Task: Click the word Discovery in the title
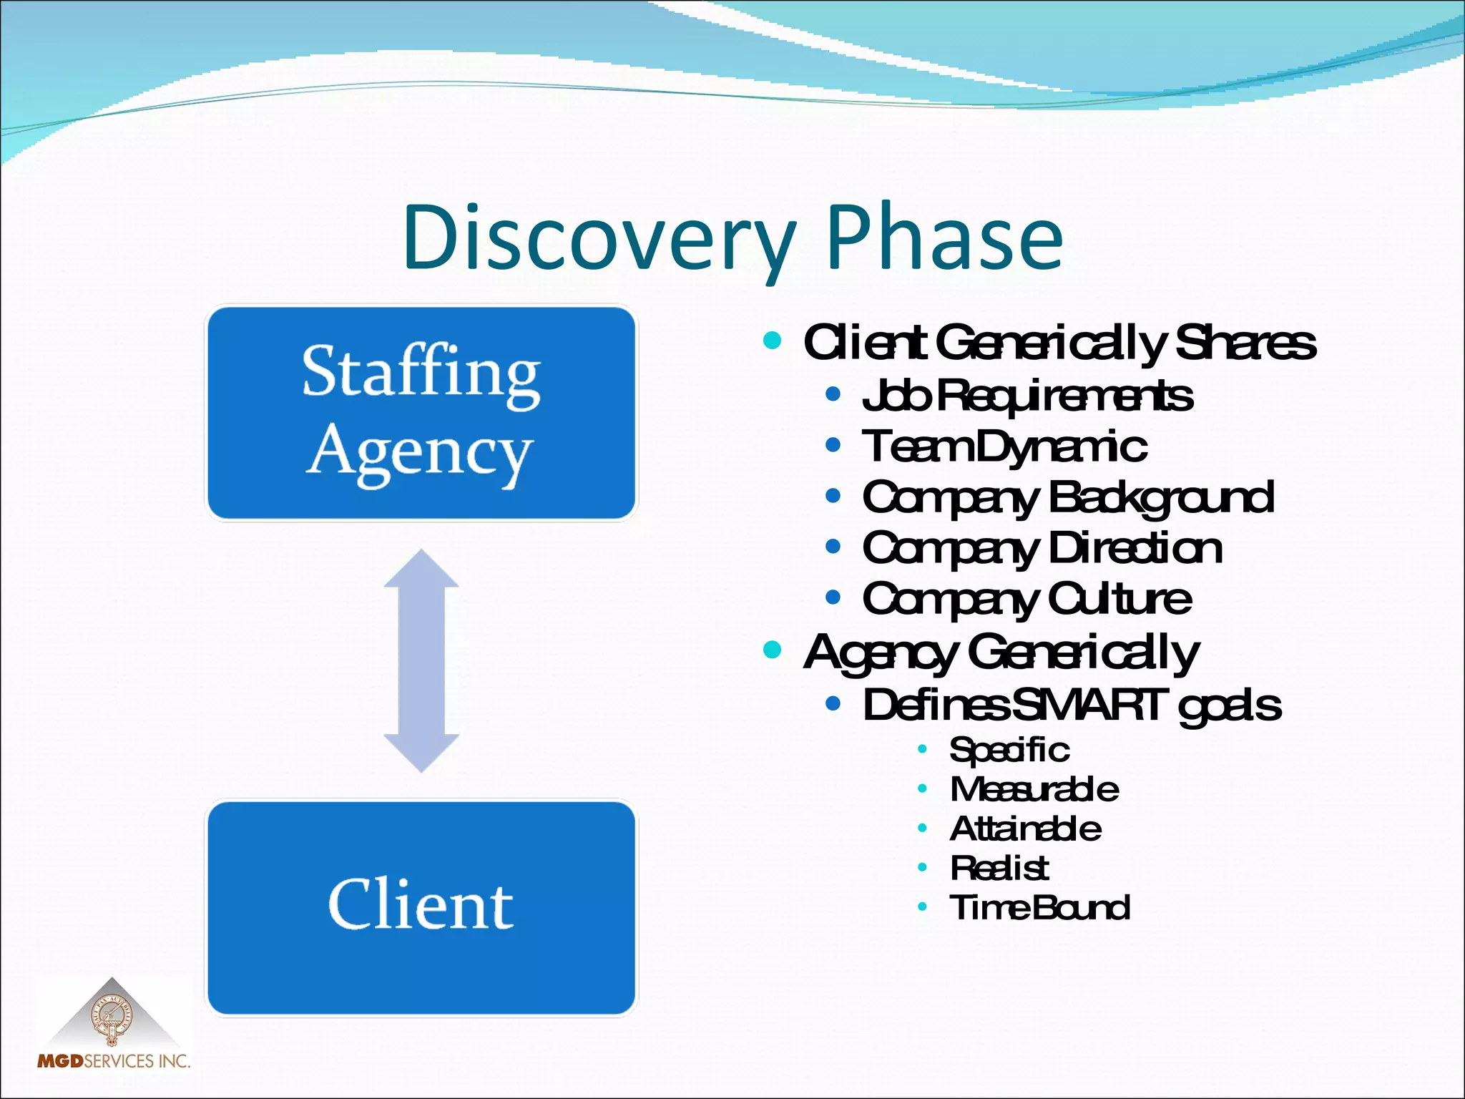[599, 238]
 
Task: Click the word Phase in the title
[944, 238]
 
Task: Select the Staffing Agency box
[421, 413]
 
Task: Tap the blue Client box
[421, 907]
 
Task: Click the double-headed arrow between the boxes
[421, 660]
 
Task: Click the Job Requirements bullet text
[1027, 396]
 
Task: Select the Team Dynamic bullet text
[1004, 447]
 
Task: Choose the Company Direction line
[1042, 549]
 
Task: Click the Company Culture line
[1027, 600]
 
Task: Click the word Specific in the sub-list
[1009, 750]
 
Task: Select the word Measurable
[1034, 789]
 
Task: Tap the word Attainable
[1025, 829]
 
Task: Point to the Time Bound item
[1039, 907]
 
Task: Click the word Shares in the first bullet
[1245, 343]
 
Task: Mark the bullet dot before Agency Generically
[772, 650]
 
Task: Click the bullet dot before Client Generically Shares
[772, 340]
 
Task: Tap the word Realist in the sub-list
[999, 868]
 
